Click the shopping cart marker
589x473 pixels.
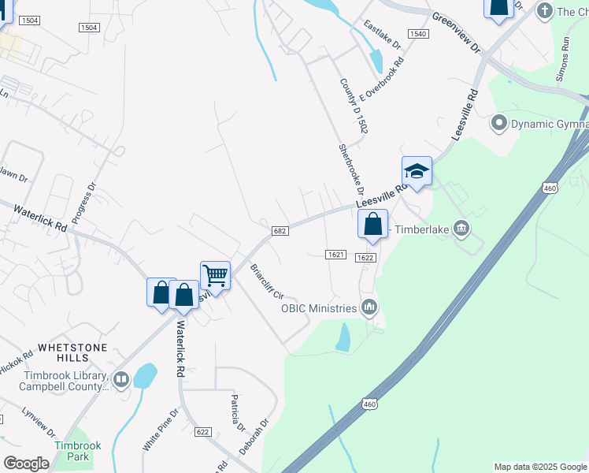click(215, 276)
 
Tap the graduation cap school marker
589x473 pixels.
click(417, 171)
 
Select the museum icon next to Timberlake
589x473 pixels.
click(461, 229)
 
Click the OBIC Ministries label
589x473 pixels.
click(320, 307)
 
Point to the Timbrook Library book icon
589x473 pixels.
click(120, 380)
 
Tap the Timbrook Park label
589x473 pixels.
click(77, 451)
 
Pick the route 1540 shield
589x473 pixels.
click(417, 34)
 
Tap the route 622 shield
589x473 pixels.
click(203, 431)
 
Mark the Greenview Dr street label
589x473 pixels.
click(456, 32)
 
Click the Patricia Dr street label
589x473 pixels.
click(235, 411)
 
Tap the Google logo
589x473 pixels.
click(26, 464)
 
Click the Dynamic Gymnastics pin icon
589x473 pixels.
click(498, 124)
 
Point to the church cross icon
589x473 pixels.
click(544, 11)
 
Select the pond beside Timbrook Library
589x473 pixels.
click(145, 376)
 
